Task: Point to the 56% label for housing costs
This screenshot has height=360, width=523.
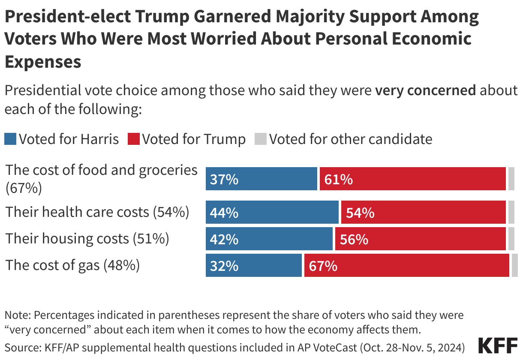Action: point(354,239)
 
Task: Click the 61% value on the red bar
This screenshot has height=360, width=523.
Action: point(338,179)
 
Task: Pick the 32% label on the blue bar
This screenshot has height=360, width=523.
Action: point(224,266)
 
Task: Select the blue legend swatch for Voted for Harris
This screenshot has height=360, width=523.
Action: point(10,139)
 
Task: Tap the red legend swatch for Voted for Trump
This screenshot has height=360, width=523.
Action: point(134,139)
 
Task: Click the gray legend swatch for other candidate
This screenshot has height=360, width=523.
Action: point(261,139)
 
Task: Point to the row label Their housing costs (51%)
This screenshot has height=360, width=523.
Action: point(87,239)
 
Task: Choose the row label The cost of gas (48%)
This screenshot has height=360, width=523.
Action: point(72,265)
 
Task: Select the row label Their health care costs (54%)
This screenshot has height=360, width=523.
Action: point(97,212)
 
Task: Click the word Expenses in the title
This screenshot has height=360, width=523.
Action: point(43,62)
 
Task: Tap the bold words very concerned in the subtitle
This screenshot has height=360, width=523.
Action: point(425,90)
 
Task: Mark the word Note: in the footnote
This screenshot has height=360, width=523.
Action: point(18,315)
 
